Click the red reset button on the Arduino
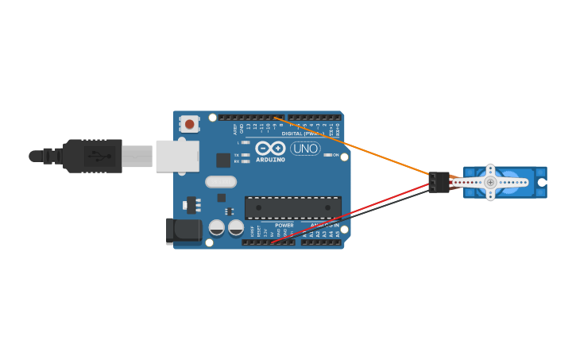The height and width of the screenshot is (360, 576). pos(189,124)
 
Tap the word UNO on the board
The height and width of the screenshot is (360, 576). pos(305,149)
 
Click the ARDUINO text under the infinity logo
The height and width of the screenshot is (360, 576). pos(270,160)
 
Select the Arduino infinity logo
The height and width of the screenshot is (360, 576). pos(270,148)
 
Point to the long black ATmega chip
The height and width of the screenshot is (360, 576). pos(292,208)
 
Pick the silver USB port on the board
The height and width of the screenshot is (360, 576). pos(177,156)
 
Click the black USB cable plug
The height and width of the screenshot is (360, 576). pos(93,156)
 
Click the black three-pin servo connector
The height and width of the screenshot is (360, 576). pos(439,182)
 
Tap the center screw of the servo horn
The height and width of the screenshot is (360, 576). pos(490,182)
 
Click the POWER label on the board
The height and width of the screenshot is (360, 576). pos(284,226)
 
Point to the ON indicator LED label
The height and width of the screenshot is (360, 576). pos(335,155)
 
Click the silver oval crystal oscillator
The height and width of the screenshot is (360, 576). pos(221,181)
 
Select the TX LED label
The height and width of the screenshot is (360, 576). pos(237,155)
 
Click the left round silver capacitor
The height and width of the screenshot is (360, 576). pos(216,228)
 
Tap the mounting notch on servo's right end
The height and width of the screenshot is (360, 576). pos(542,182)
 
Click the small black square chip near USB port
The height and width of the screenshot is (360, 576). pos(223,160)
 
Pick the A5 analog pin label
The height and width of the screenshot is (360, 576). pos(338,234)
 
